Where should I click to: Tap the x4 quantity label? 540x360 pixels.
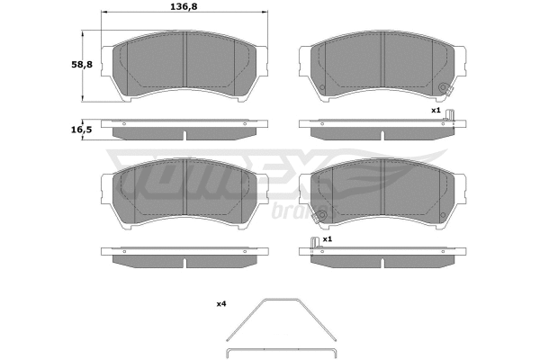click(x=220, y=304)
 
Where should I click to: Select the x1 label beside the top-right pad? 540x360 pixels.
click(x=436, y=110)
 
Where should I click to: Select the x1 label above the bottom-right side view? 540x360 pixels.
click(x=328, y=240)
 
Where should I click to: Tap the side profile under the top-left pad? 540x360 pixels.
click(x=184, y=129)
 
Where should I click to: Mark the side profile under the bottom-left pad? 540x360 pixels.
click(x=184, y=257)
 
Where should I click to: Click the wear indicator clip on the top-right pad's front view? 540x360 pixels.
click(x=444, y=88)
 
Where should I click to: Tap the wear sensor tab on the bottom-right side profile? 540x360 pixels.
click(x=312, y=246)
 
